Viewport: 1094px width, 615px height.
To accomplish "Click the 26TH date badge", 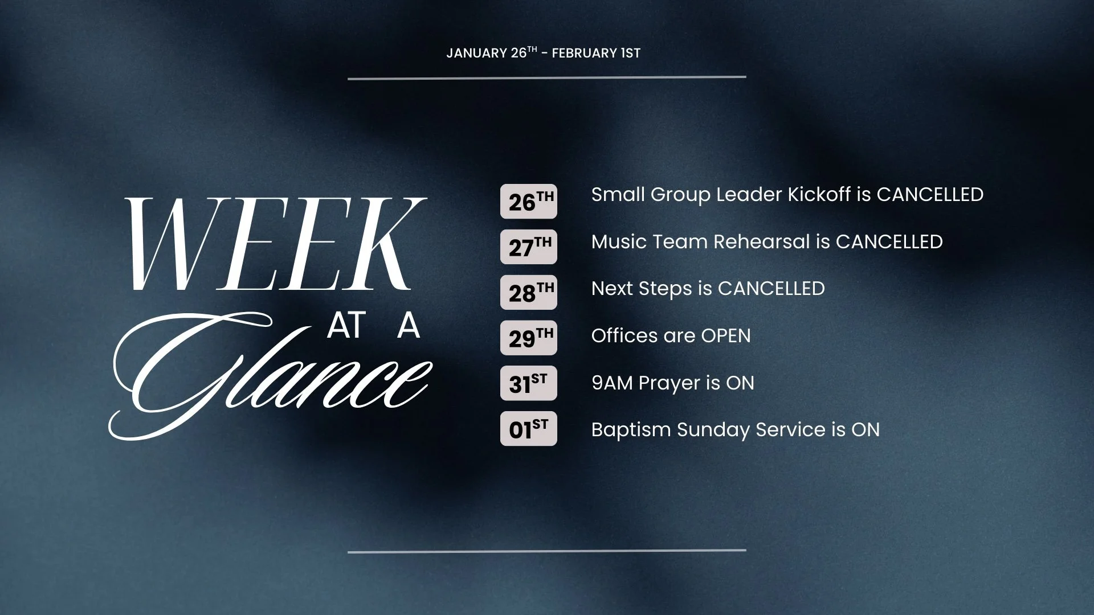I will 528,201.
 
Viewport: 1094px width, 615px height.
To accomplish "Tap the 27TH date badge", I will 528,247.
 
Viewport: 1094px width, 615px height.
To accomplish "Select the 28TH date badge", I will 528,292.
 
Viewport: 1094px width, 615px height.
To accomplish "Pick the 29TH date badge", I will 528,338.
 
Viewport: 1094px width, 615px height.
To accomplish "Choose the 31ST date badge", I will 528,383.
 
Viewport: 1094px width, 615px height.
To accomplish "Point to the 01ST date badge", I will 528,429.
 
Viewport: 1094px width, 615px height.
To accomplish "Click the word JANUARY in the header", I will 476,54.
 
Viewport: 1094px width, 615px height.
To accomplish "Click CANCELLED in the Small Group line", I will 930,195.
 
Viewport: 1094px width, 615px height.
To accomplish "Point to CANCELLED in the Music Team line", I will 889,242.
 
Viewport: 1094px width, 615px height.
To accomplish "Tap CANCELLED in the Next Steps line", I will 771,289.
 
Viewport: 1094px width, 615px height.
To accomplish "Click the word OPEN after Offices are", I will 725,336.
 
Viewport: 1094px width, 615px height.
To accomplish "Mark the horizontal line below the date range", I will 546,77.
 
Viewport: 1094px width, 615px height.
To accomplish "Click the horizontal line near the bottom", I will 546,551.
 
